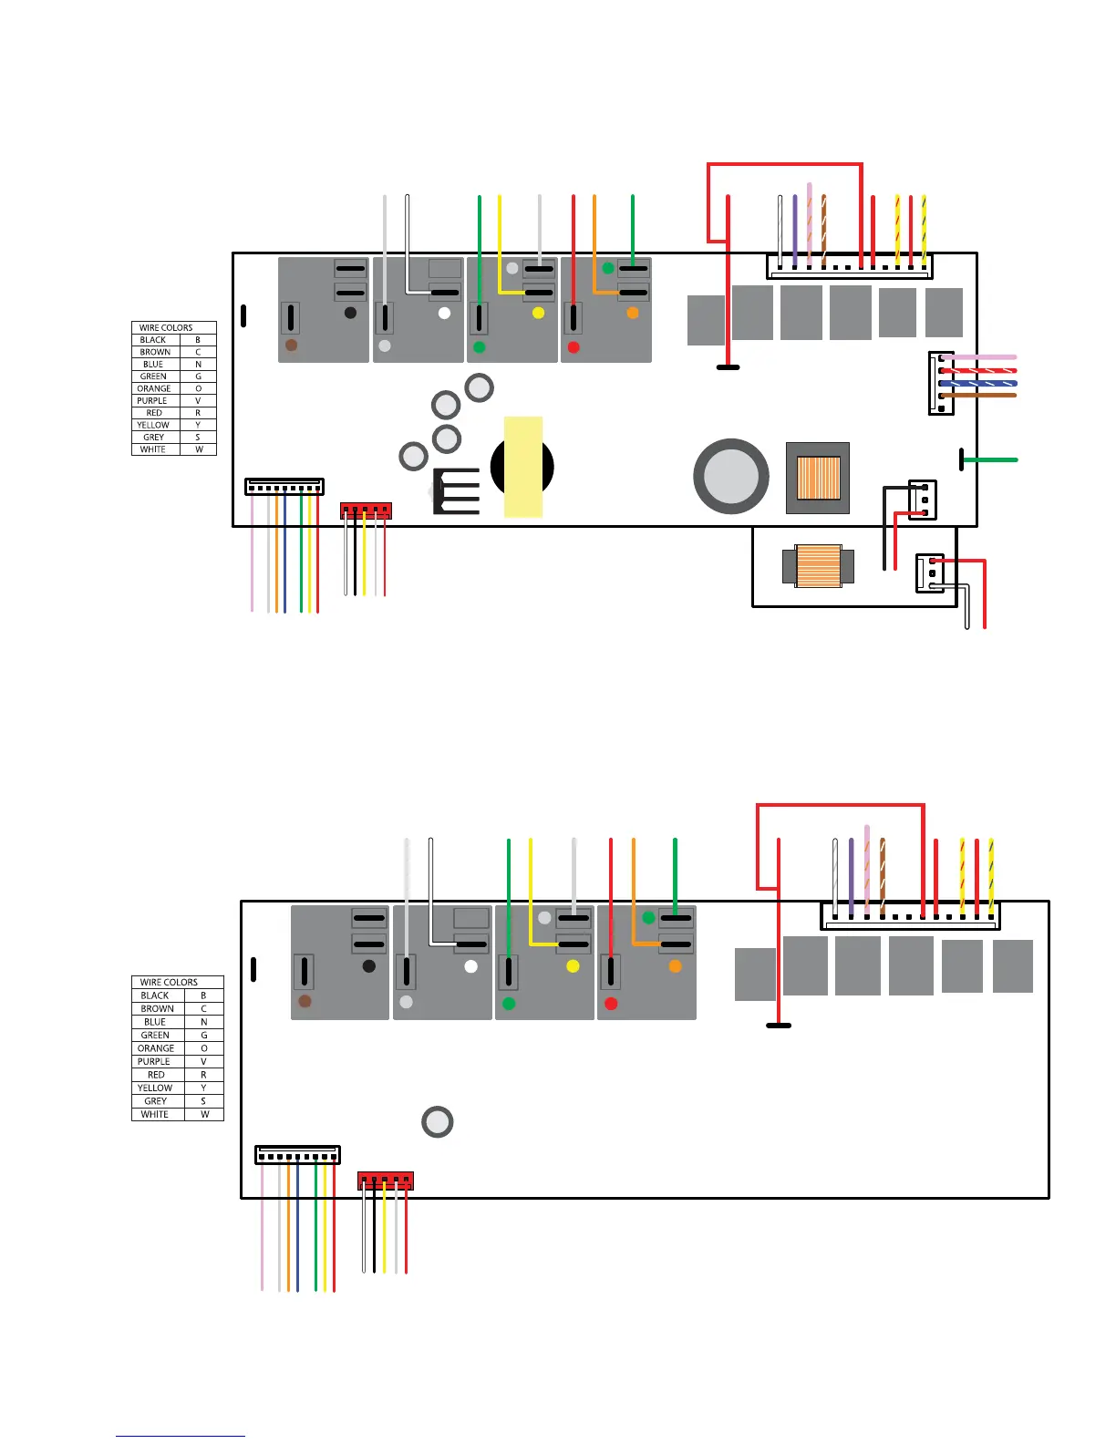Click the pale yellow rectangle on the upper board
523,467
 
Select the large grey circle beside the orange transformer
731,476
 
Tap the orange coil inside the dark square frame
818,478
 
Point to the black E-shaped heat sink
456,490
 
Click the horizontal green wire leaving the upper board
991,460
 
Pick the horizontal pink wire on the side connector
979,357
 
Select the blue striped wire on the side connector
979,383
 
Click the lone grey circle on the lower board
438,1121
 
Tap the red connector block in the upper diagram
366,511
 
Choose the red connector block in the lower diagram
386,1181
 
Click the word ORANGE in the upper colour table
154,388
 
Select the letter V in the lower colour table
203,1061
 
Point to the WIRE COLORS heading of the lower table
169,982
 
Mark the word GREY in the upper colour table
154,438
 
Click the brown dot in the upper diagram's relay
291,346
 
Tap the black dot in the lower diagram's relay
368,966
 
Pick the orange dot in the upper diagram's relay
633,314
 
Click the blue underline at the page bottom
180,1436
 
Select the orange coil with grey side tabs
818,566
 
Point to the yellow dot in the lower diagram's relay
573,966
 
